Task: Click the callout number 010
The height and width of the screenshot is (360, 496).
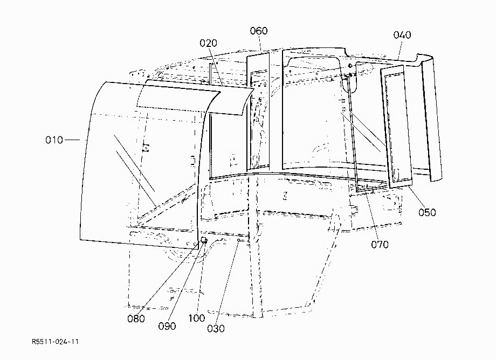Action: pos(54,140)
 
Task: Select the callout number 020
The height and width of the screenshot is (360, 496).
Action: pos(208,43)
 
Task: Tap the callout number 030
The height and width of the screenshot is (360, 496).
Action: pos(216,329)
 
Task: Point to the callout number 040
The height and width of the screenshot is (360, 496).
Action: pos(402,35)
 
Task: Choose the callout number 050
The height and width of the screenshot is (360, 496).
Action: pos(427,212)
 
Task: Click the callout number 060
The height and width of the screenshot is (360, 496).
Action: pos(259,31)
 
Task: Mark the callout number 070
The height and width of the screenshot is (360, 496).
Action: pos(380,244)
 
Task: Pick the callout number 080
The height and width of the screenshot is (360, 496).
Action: pos(136,319)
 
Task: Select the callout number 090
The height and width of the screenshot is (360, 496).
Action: pos(167,326)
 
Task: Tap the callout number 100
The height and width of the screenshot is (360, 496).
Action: pos(197,318)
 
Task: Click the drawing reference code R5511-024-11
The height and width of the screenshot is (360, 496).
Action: pos(55,342)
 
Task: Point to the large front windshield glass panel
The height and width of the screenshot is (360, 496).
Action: pos(139,164)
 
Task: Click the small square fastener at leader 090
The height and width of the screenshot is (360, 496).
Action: pos(204,240)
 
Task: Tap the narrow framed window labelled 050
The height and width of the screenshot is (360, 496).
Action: pos(396,127)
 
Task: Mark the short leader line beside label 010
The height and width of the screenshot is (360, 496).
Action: pos(72,140)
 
